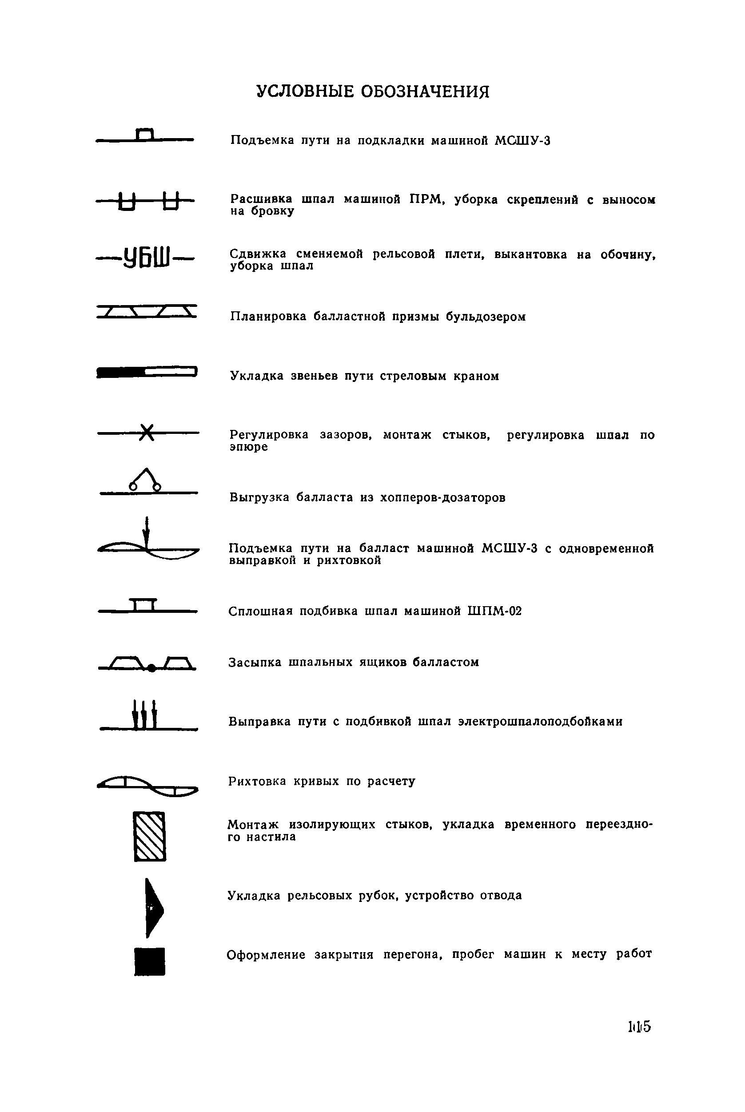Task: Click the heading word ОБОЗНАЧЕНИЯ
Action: click(x=425, y=91)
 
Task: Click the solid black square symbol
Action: click(x=150, y=961)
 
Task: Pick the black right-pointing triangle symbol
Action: click(x=153, y=908)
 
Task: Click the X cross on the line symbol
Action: click(x=148, y=433)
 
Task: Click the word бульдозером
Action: click(x=486, y=317)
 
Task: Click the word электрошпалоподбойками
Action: click(x=540, y=722)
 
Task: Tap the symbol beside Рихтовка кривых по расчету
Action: click(x=148, y=786)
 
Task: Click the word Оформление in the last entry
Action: click(x=266, y=955)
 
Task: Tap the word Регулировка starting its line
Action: click(x=269, y=435)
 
